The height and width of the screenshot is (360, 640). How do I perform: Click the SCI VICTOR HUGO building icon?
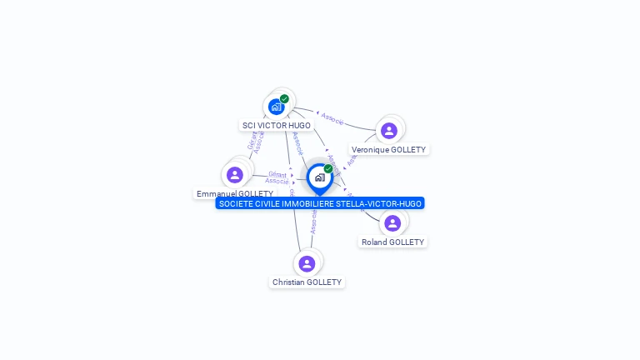point(276,107)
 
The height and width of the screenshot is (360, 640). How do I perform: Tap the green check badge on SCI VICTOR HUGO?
point(285,98)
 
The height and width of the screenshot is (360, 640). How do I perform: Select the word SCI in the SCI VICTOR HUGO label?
point(248,126)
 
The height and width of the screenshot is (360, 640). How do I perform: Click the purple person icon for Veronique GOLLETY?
point(388,131)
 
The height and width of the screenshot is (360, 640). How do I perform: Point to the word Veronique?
point(370,150)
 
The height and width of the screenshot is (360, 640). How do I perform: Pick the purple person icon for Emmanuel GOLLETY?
point(234,175)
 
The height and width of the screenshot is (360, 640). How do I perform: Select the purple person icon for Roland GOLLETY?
point(392,222)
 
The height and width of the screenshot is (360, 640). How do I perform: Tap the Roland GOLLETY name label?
point(392,242)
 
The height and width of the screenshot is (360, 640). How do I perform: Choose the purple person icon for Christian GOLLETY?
point(307,263)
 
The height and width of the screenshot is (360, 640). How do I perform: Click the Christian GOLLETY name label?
point(307,282)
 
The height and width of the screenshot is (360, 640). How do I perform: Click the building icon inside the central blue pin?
point(319,177)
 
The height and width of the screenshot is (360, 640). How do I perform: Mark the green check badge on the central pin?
point(328,168)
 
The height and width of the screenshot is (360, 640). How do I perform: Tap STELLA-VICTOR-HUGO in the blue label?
point(381,203)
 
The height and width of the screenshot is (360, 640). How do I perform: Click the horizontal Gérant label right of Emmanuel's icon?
point(277,174)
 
